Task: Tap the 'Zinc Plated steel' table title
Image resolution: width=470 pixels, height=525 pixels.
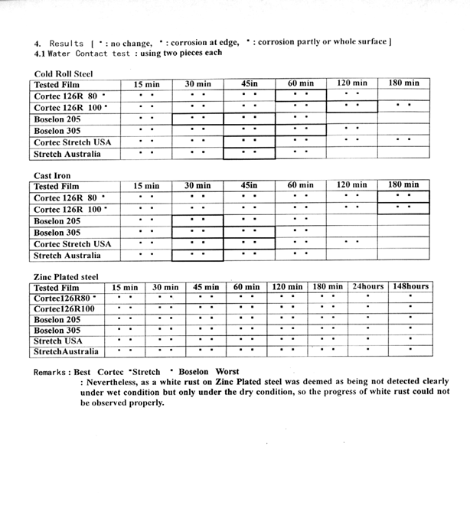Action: pyautogui.click(x=67, y=276)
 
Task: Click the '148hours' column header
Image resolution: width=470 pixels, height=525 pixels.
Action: pyautogui.click(x=410, y=287)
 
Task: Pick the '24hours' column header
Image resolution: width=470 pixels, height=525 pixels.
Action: pyautogui.click(x=368, y=287)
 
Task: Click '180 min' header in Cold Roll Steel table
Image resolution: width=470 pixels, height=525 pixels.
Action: pyautogui.click(x=403, y=83)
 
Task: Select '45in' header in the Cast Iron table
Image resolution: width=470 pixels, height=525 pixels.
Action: pyautogui.click(x=249, y=185)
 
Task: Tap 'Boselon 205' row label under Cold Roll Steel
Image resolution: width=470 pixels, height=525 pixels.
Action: pyautogui.click(x=57, y=119)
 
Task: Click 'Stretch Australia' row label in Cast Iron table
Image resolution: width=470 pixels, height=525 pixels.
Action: pyautogui.click(x=67, y=256)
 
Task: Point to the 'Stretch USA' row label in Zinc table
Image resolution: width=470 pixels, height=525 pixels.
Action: pyautogui.click(x=58, y=341)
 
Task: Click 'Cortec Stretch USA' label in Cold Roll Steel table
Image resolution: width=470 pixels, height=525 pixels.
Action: pyautogui.click(x=72, y=142)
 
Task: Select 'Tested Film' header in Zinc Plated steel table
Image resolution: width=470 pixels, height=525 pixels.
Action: pyautogui.click(x=57, y=288)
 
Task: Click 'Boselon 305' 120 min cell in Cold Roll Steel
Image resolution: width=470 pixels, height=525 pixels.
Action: pyautogui.click(x=351, y=130)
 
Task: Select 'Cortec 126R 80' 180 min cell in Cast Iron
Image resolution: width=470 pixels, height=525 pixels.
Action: pyautogui.click(x=403, y=197)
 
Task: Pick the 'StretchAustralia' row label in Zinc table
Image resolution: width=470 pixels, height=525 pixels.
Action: pyautogui.click(x=67, y=352)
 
